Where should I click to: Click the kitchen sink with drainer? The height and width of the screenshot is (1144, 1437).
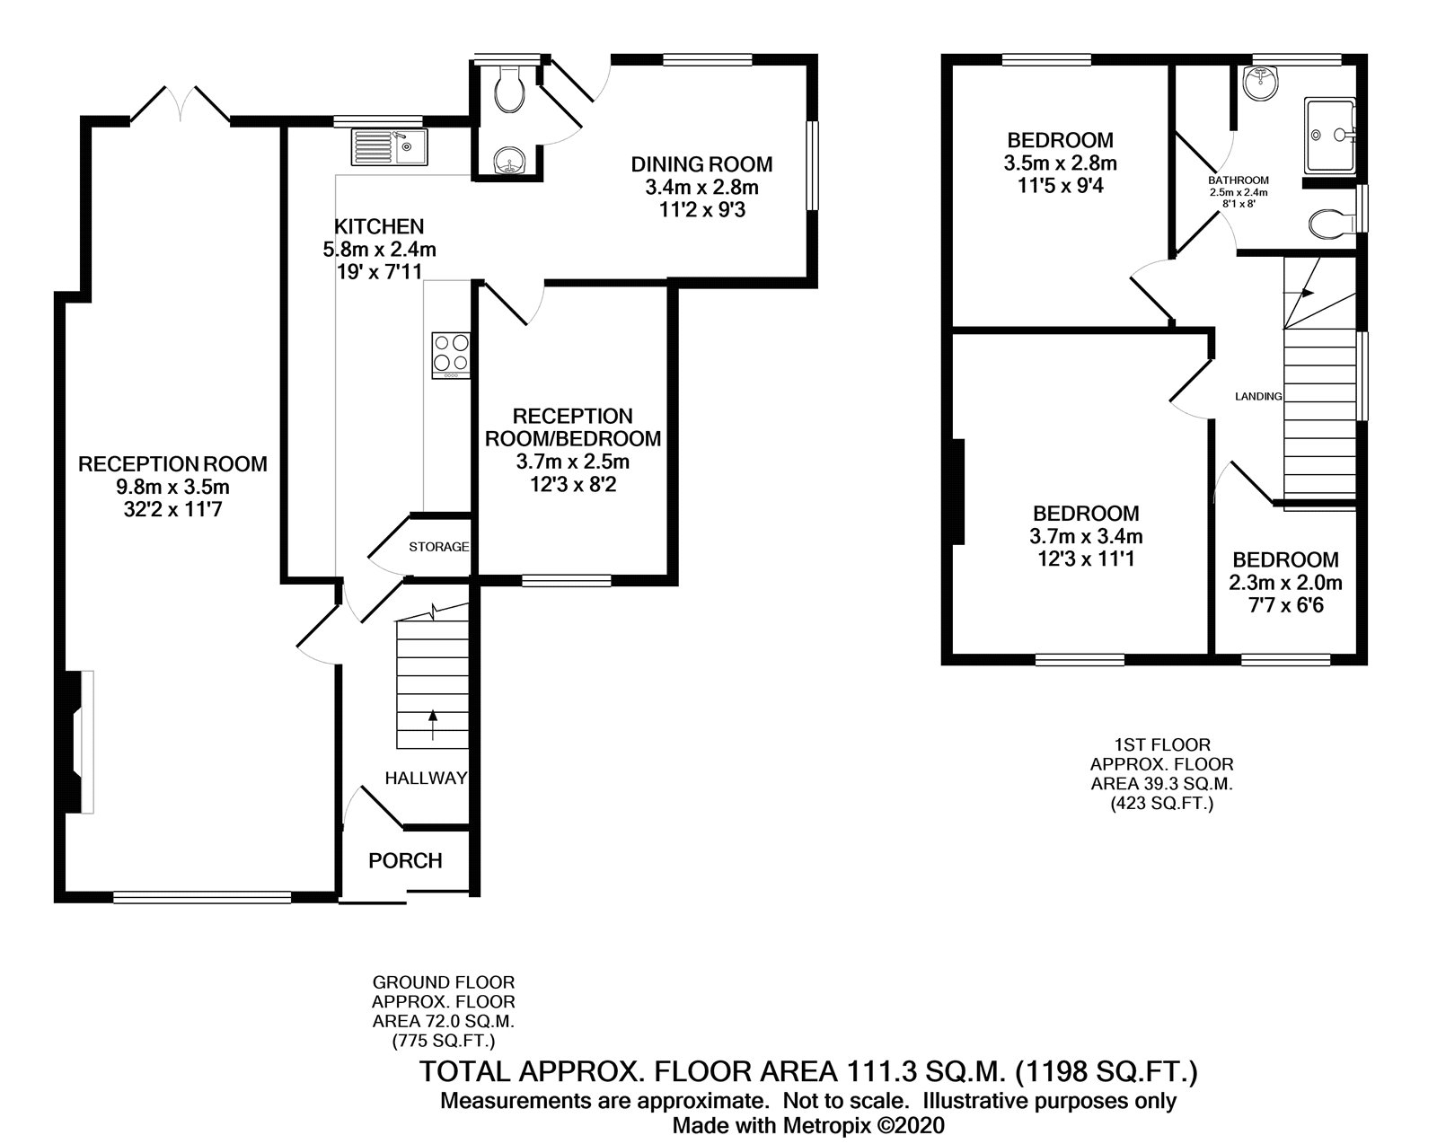coord(390,147)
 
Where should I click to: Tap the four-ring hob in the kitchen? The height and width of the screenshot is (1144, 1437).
coord(451,356)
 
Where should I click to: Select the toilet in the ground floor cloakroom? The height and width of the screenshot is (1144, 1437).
coord(510,90)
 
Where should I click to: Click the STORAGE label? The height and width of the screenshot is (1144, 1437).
coord(438,547)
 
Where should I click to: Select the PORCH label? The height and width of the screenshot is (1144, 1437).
coord(405,861)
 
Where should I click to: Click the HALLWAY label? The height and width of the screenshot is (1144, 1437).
coord(426,778)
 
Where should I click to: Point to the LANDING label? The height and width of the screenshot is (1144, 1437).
coord(1258,396)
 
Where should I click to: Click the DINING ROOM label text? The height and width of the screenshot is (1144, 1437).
coord(701,164)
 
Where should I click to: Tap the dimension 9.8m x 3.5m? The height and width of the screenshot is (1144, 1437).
coord(173,487)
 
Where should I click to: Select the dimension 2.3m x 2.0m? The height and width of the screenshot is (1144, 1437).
coord(1285,583)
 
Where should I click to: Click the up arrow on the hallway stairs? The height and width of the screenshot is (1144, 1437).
coord(433,724)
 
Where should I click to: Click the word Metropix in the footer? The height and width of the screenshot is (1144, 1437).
coord(827,1125)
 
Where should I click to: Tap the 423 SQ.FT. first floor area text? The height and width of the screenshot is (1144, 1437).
coord(1162,804)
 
